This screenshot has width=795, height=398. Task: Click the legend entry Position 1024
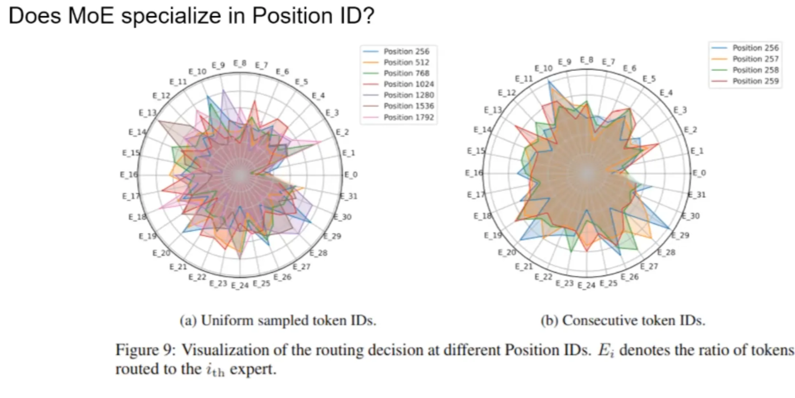click(x=409, y=84)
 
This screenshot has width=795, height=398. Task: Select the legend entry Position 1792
click(x=409, y=117)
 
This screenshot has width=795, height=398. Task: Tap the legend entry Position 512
click(x=406, y=62)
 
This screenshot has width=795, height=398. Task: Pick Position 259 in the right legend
click(x=755, y=81)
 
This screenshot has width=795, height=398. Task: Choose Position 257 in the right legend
click(x=755, y=59)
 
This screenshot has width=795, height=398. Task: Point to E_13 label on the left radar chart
click(x=147, y=113)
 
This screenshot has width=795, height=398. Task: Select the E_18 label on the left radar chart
click(x=138, y=216)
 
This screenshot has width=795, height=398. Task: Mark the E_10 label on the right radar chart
click(x=543, y=69)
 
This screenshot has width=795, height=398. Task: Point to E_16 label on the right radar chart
click(x=474, y=173)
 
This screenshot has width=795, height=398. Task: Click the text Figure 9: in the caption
click(x=146, y=350)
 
